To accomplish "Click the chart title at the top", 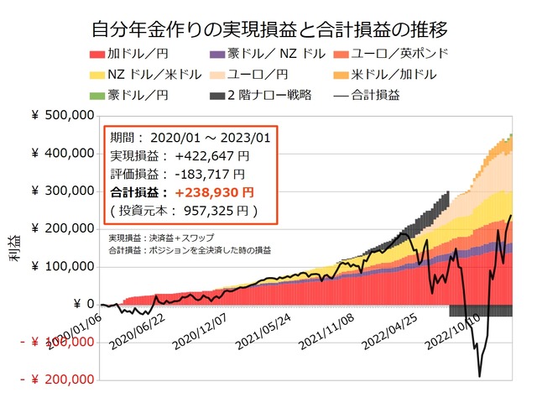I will coord(268,30).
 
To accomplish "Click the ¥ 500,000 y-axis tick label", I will coord(63,115).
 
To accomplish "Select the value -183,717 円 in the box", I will coord(209,174).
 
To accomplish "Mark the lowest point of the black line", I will coord(479,376).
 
